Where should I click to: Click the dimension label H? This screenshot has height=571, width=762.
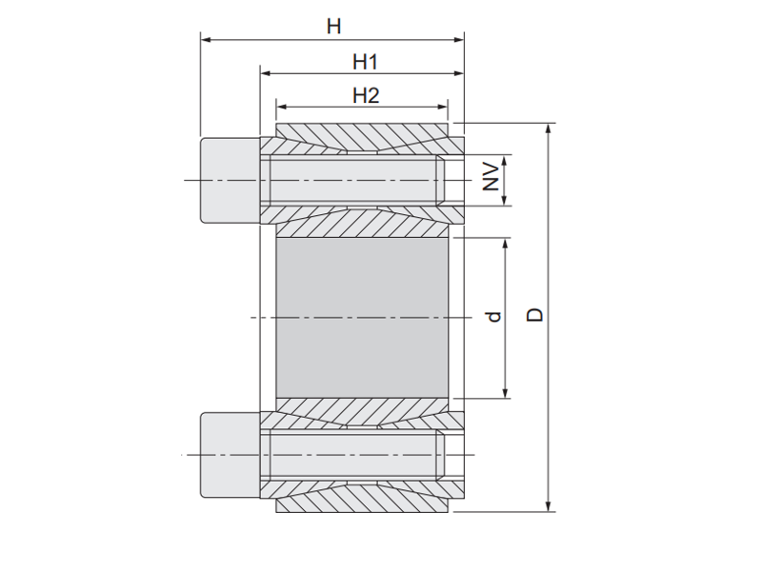(x=333, y=27)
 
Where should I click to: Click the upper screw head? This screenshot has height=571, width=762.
(x=229, y=180)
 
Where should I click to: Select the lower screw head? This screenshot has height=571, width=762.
(x=229, y=456)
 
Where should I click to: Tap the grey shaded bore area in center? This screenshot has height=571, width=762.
(x=362, y=317)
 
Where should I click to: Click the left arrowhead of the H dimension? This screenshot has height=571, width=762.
(x=205, y=40)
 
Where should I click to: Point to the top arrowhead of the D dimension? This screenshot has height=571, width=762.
(x=550, y=128)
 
